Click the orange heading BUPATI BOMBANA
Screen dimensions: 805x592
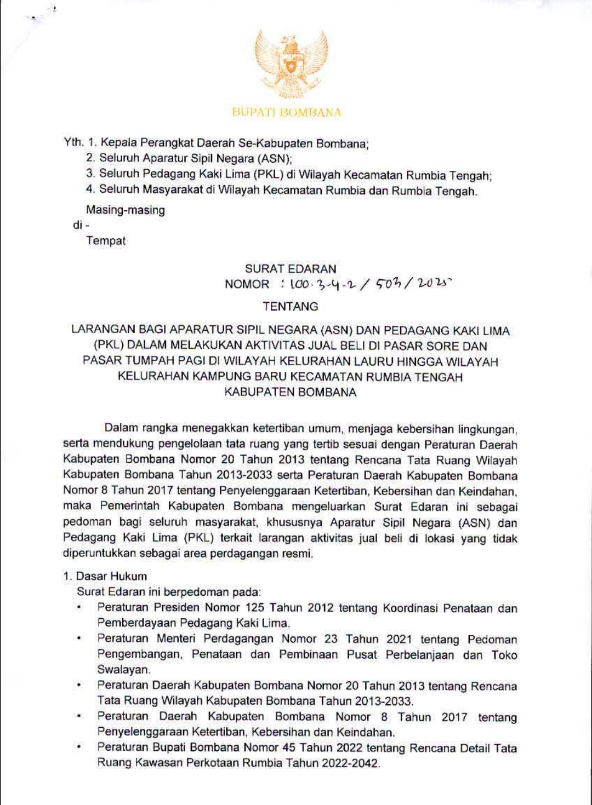(286, 113)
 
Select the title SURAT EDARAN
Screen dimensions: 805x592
(291, 269)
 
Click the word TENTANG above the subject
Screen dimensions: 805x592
(290, 307)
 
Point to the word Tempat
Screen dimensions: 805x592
(106, 241)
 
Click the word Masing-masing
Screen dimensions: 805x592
(125, 210)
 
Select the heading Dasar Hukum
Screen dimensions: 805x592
(111, 576)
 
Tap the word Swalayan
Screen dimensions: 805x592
(123, 670)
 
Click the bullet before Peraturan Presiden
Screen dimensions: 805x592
(80, 607)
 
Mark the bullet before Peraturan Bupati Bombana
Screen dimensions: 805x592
(80, 748)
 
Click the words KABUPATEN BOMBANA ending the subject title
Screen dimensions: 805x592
(290, 392)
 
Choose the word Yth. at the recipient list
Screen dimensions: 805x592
(73, 142)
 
